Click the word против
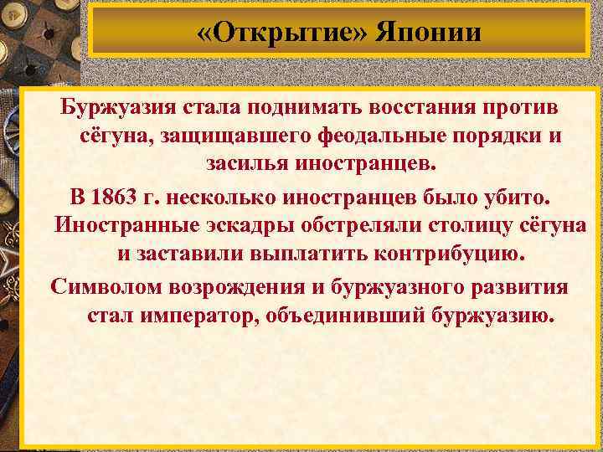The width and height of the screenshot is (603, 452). click(520, 108)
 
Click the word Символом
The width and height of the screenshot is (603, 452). click(107, 289)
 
